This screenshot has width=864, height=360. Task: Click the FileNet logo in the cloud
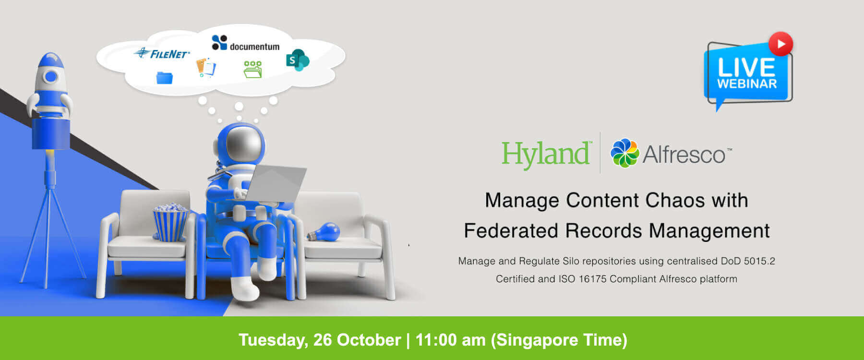pos(162,53)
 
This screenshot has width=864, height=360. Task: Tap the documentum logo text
pos(254,47)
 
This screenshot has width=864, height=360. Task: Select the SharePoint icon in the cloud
pos(298,60)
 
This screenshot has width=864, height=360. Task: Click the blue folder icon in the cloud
pos(165,78)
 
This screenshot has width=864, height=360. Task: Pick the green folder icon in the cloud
pos(252,70)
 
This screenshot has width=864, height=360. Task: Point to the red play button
pos(780,44)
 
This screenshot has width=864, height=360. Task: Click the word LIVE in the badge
pos(746,68)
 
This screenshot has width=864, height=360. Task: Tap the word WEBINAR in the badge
pos(747,84)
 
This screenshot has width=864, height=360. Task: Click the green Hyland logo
pos(546,155)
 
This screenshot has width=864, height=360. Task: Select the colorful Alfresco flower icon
pos(624,153)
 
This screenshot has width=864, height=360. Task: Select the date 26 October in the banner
pos(357,340)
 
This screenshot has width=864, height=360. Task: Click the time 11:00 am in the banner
pos(450,340)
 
